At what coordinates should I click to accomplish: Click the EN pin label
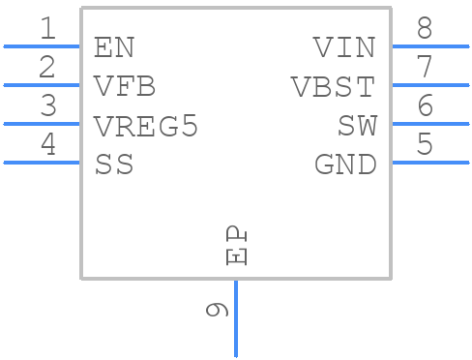pos(114,47)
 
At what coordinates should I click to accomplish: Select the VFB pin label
pos(125,87)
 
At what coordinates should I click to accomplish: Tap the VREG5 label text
pos(146,126)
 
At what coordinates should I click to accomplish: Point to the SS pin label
pos(114,165)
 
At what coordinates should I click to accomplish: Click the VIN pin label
pos(343,47)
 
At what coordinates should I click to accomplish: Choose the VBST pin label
pos(333,87)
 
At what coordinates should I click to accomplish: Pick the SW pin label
pos(356,126)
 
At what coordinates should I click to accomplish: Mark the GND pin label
pos(344,165)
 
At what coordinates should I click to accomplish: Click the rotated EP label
pos(236,246)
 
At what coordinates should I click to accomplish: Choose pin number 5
pos(424,145)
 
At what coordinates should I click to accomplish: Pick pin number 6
pos(424,106)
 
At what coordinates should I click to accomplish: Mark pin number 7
pos(424,68)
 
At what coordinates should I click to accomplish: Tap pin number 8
pos(424,29)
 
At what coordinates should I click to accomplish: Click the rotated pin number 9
pos(218,310)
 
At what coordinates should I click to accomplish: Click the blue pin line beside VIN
pos(429,45)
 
